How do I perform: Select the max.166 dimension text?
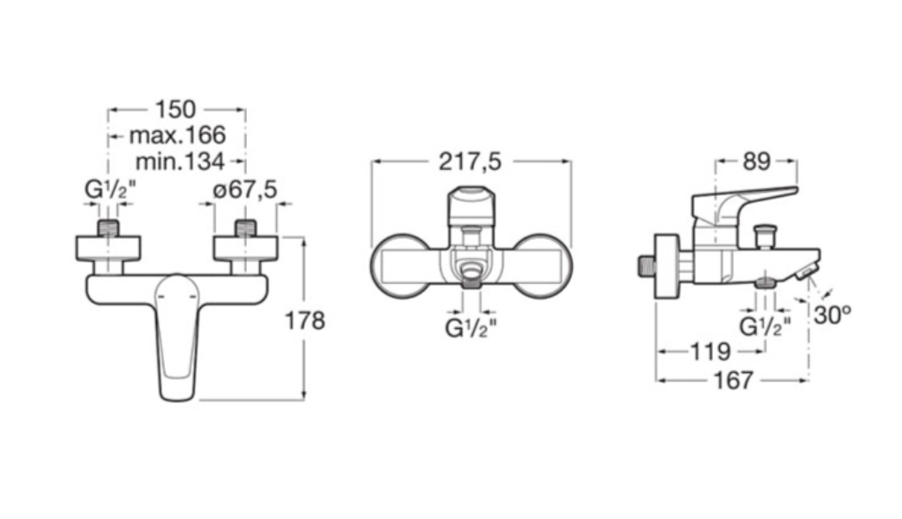pos(177,136)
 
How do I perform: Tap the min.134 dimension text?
pos(180,161)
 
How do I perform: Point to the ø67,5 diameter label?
pos(245,189)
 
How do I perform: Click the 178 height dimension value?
pos(305,320)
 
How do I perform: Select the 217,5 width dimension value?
pos(470,162)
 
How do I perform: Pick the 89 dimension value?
pos(756,161)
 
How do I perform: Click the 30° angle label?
pos(832,314)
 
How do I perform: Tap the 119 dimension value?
pos(710,351)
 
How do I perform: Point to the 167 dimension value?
pos(734,380)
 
